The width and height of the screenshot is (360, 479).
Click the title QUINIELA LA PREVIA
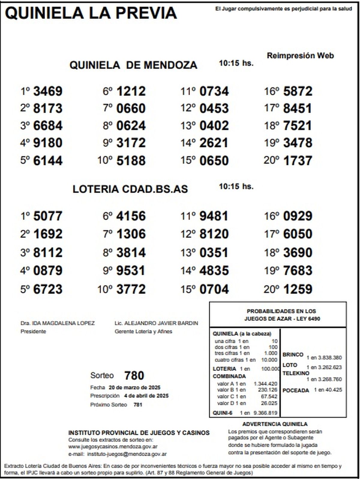(x=91, y=13)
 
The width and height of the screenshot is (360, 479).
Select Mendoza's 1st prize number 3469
(x=48, y=91)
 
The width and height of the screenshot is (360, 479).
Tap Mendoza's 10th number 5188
(x=131, y=161)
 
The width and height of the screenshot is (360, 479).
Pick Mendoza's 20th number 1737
(x=298, y=161)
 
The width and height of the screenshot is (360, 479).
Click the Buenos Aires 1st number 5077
(x=48, y=216)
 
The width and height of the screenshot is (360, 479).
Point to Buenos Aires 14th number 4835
(x=214, y=271)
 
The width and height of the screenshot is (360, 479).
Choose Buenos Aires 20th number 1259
(x=298, y=289)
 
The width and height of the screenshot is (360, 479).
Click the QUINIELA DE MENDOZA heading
(x=133, y=65)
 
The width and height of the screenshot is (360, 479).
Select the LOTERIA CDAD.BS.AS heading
(x=130, y=189)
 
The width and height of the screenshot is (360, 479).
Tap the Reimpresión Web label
(x=300, y=56)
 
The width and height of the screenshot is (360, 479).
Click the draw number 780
(x=134, y=375)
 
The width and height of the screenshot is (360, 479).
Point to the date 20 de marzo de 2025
(x=134, y=387)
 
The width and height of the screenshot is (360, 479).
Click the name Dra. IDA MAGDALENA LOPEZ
(x=58, y=323)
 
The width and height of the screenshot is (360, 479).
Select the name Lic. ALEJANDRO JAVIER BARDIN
(x=156, y=323)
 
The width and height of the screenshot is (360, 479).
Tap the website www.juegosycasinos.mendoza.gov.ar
(x=113, y=447)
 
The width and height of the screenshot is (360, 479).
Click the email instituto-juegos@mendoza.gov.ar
(x=127, y=454)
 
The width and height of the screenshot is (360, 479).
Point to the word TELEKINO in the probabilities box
(x=296, y=373)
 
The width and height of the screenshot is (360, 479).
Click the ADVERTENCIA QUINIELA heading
(x=275, y=424)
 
